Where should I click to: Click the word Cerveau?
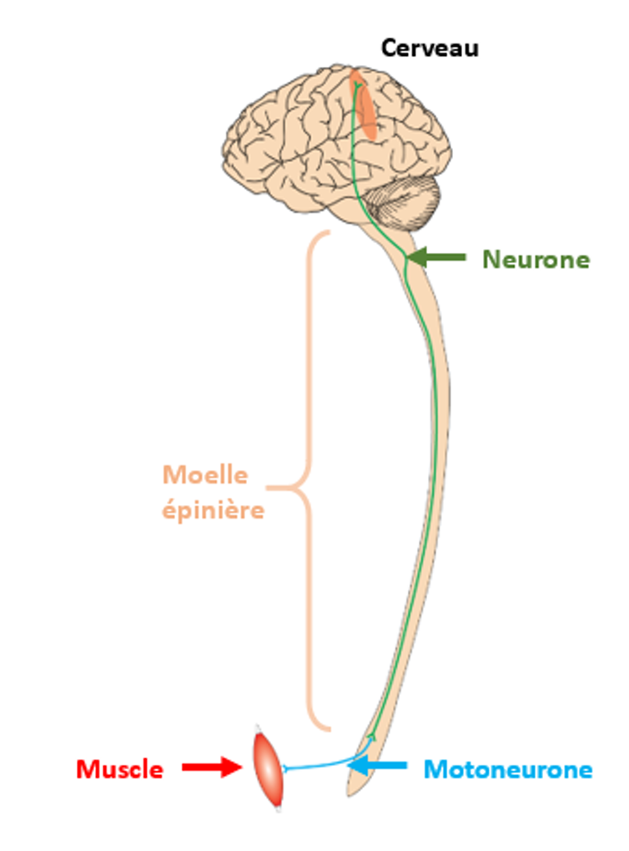(430, 48)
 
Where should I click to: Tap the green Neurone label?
(536, 260)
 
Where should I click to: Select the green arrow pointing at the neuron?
(436, 256)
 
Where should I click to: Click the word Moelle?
(205, 475)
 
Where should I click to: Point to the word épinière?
(213, 510)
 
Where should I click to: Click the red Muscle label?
(120, 770)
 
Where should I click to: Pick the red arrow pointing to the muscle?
(212, 767)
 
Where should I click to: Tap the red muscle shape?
(269, 768)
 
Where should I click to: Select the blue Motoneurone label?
(507, 770)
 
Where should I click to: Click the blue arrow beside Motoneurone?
(377, 766)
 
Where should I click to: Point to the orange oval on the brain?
(363, 104)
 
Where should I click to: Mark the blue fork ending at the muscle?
(286, 768)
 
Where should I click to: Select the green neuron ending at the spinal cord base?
(371, 735)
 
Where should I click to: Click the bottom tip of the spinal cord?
(350, 794)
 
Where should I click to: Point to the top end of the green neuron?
(355, 85)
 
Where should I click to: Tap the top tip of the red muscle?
(258, 727)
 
